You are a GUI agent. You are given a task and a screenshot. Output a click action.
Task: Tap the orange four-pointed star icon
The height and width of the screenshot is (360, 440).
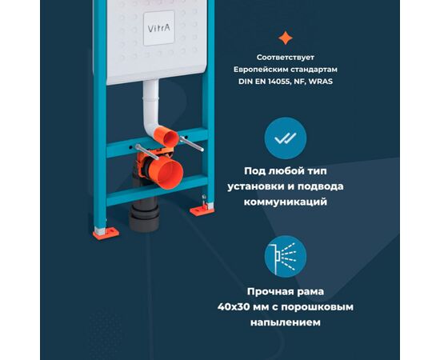click(x=285, y=38)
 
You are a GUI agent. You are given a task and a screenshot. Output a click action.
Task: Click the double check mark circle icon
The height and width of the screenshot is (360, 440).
click(x=285, y=138)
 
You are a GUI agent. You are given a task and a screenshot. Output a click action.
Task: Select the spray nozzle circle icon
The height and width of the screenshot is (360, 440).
click(x=285, y=256)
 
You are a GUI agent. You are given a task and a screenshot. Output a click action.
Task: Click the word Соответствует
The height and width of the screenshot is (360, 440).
click(x=285, y=58)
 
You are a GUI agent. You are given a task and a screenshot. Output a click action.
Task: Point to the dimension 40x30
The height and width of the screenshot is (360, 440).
click(x=238, y=306)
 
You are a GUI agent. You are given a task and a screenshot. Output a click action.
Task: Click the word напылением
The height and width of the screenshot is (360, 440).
click(x=285, y=322)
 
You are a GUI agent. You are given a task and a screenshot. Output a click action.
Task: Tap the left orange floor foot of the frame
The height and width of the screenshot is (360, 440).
click(x=106, y=233)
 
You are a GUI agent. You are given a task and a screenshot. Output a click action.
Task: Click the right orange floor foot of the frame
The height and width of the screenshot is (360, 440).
click(x=198, y=210)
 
